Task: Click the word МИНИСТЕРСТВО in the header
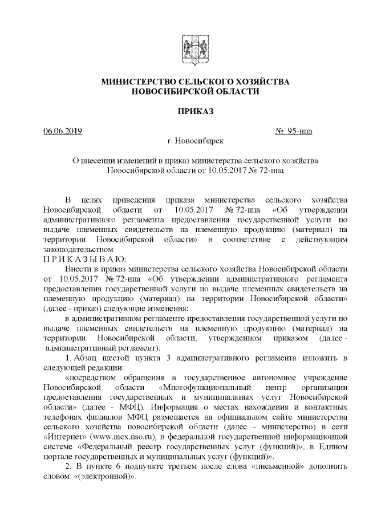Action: pyautogui.click(x=136, y=82)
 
